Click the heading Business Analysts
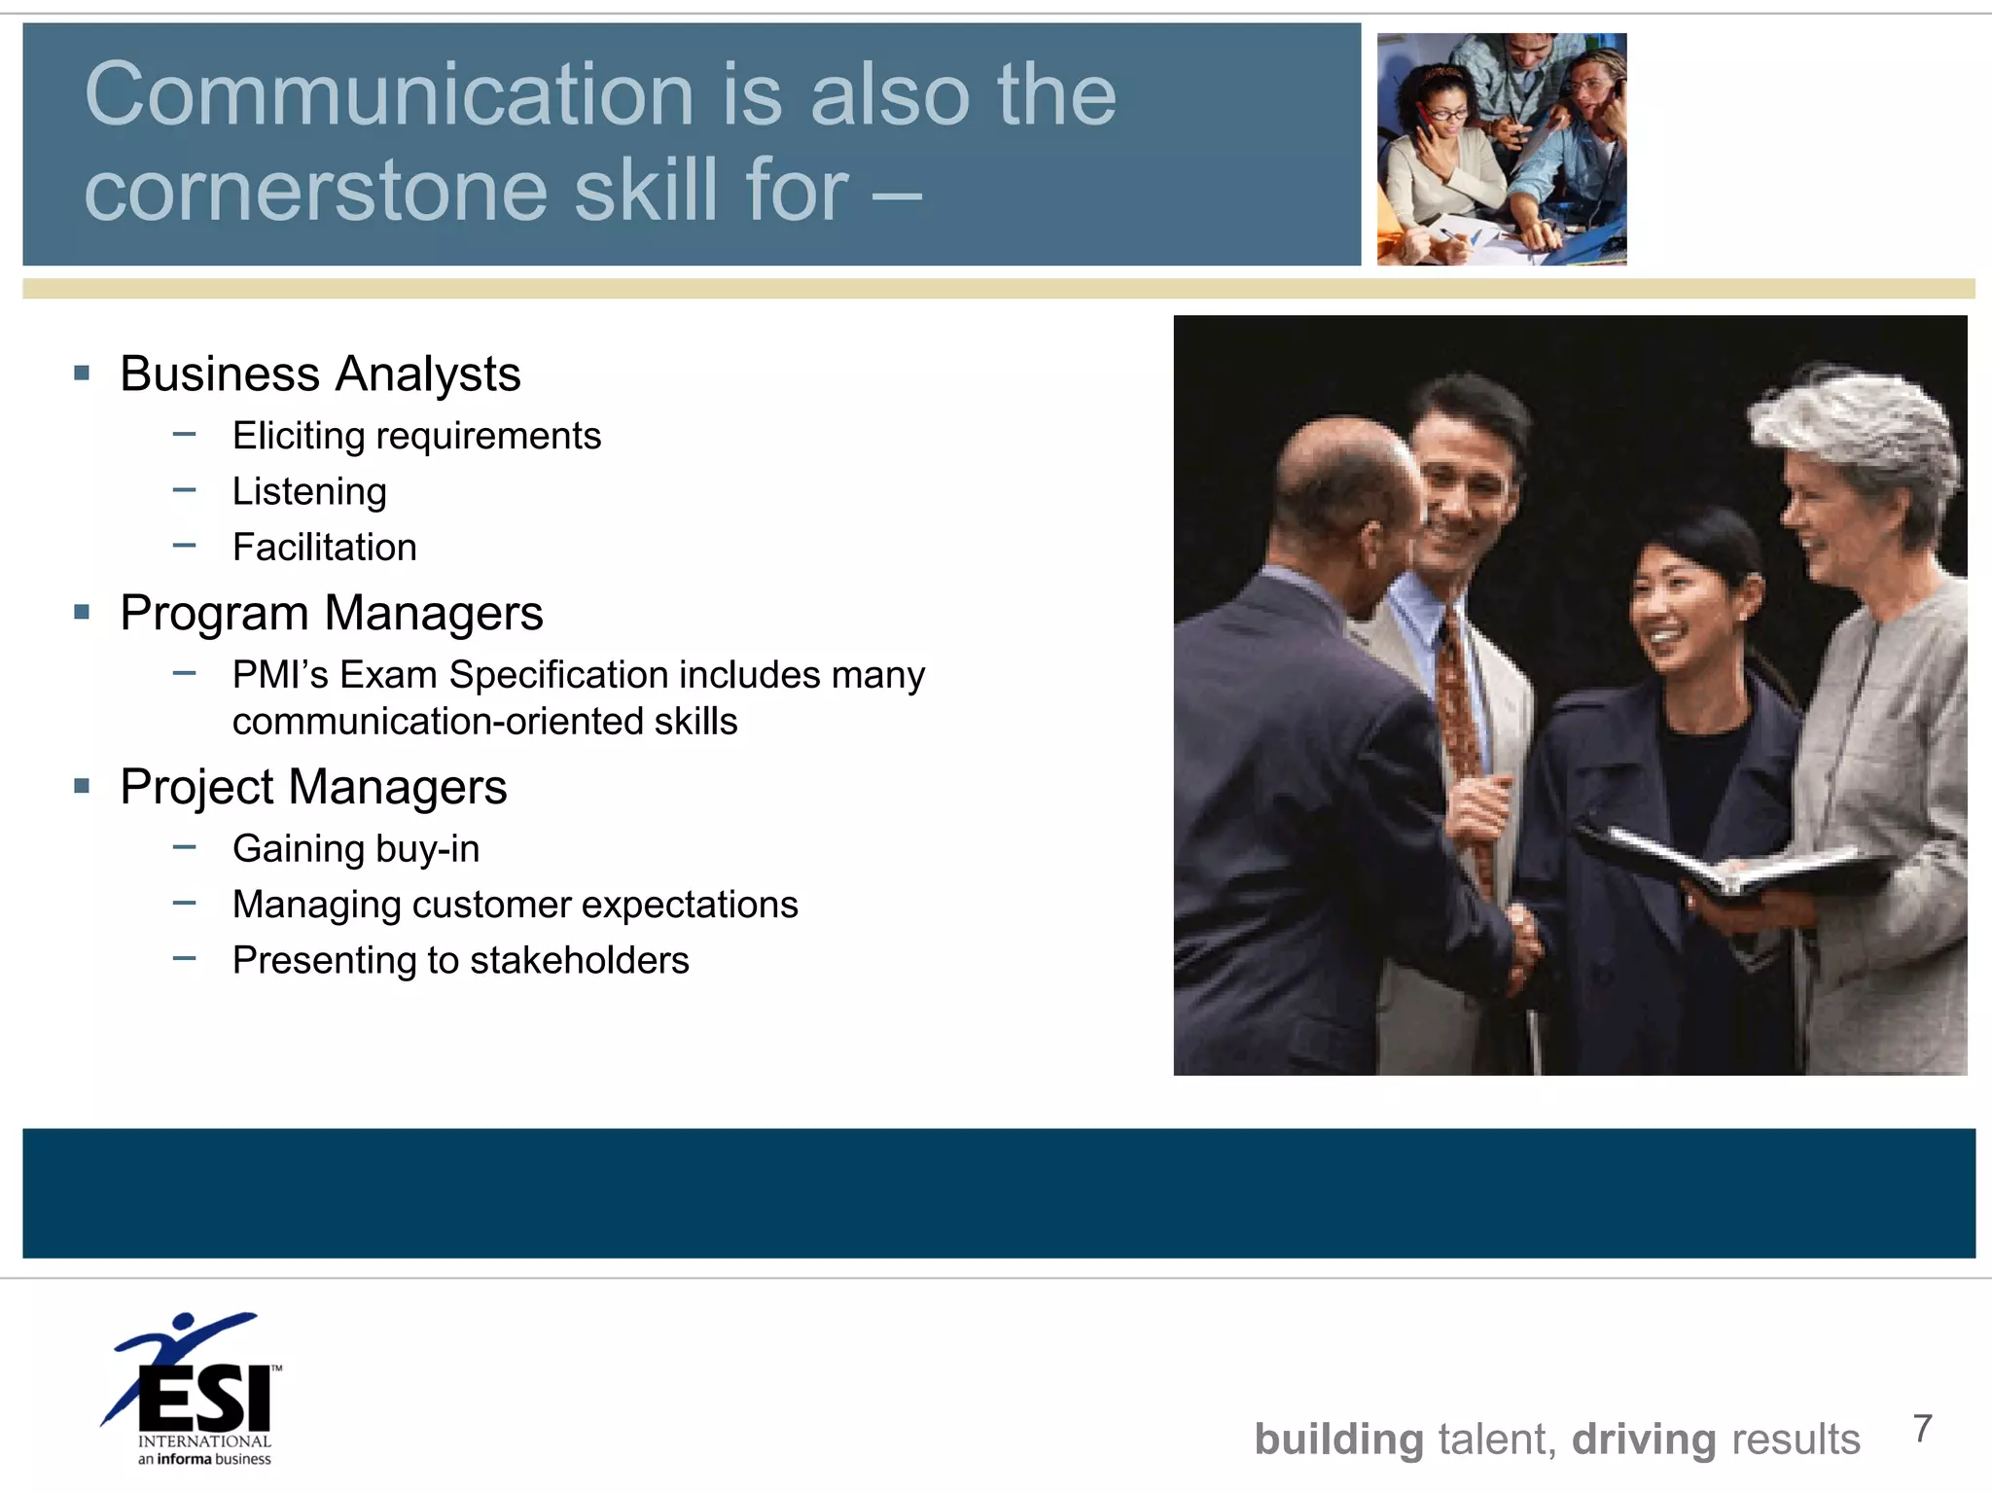(320, 374)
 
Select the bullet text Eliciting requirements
(416, 436)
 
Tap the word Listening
(309, 492)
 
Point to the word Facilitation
(325, 548)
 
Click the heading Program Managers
(332, 614)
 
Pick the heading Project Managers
(313, 787)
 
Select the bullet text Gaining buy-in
(356, 849)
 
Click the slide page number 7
(1922, 1429)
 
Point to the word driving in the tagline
(1644, 1440)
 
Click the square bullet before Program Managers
(82, 613)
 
